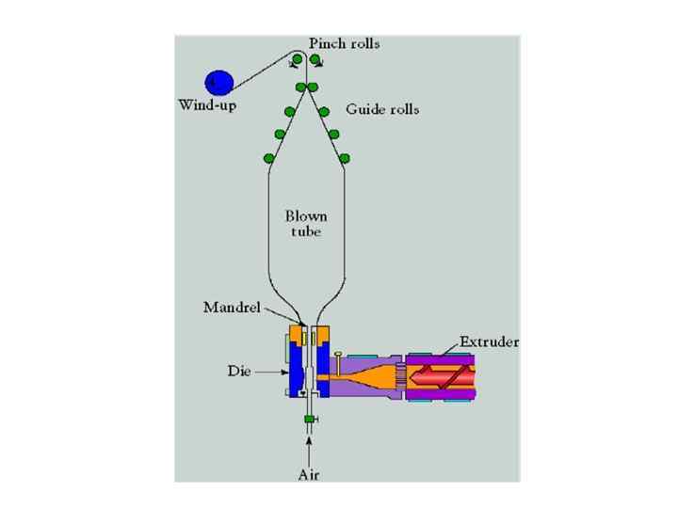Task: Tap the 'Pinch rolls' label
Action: [345, 44]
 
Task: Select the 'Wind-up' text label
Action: [207, 104]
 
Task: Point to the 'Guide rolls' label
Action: [382, 109]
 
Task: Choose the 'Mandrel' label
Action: [227, 307]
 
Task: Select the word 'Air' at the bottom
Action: [308, 474]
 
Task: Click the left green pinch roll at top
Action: [297, 60]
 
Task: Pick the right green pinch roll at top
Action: [315, 60]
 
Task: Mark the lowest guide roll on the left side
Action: [268, 157]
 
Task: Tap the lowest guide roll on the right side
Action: [345, 157]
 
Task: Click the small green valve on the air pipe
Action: [308, 418]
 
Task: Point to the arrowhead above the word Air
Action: [308, 435]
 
